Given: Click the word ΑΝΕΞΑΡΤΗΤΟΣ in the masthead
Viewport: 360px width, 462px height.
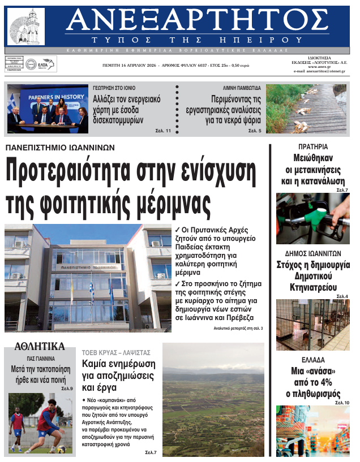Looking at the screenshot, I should (196, 21).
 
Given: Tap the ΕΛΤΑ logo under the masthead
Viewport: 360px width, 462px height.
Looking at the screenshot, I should (41, 64).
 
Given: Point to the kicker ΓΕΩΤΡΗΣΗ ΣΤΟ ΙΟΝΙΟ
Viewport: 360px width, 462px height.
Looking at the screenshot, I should (118, 89).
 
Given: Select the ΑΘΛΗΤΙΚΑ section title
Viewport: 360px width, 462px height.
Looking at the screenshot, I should (40, 347).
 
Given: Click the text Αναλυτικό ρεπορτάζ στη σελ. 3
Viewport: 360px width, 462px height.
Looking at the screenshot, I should (238, 329).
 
